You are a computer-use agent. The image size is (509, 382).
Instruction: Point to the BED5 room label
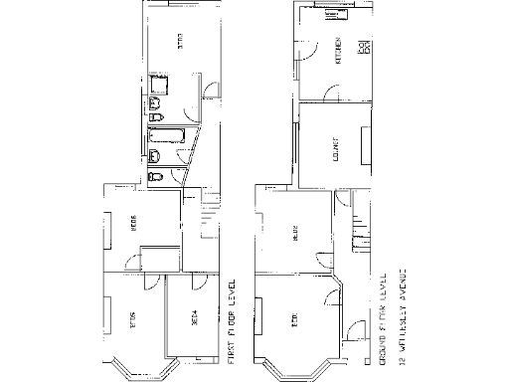pyautogui.click(x=132, y=319)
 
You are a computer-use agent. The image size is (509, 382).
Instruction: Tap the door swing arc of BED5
pyautogui.click(x=148, y=282)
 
